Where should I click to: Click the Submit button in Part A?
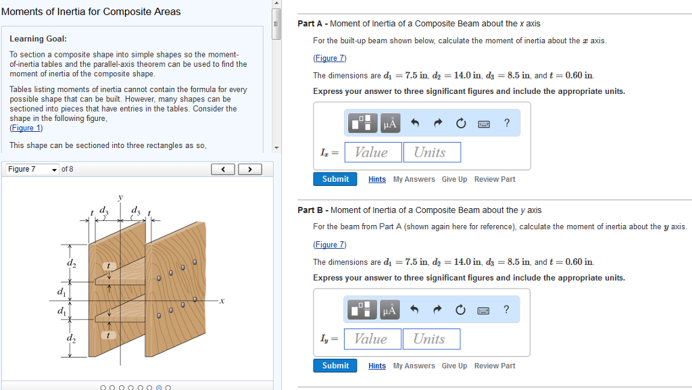coord(335,179)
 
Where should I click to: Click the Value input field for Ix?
coord(373,152)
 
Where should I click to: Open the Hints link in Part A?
coord(377,180)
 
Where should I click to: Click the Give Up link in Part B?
coord(454,366)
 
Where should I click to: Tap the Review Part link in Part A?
coord(495,180)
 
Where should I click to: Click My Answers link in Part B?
coord(414,366)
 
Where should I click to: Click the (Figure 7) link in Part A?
coord(329,58)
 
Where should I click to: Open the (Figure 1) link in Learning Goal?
coord(26,128)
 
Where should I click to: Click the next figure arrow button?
coord(250,169)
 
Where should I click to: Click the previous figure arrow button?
coord(223,169)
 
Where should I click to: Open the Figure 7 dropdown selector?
coord(32,169)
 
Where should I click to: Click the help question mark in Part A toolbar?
coord(507,123)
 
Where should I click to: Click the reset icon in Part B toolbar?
coord(461,310)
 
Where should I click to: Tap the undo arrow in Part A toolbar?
coord(416,124)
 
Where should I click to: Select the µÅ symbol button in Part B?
coord(390,310)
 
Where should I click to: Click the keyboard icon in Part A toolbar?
coord(484,124)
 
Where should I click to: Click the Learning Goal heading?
coord(38,39)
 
